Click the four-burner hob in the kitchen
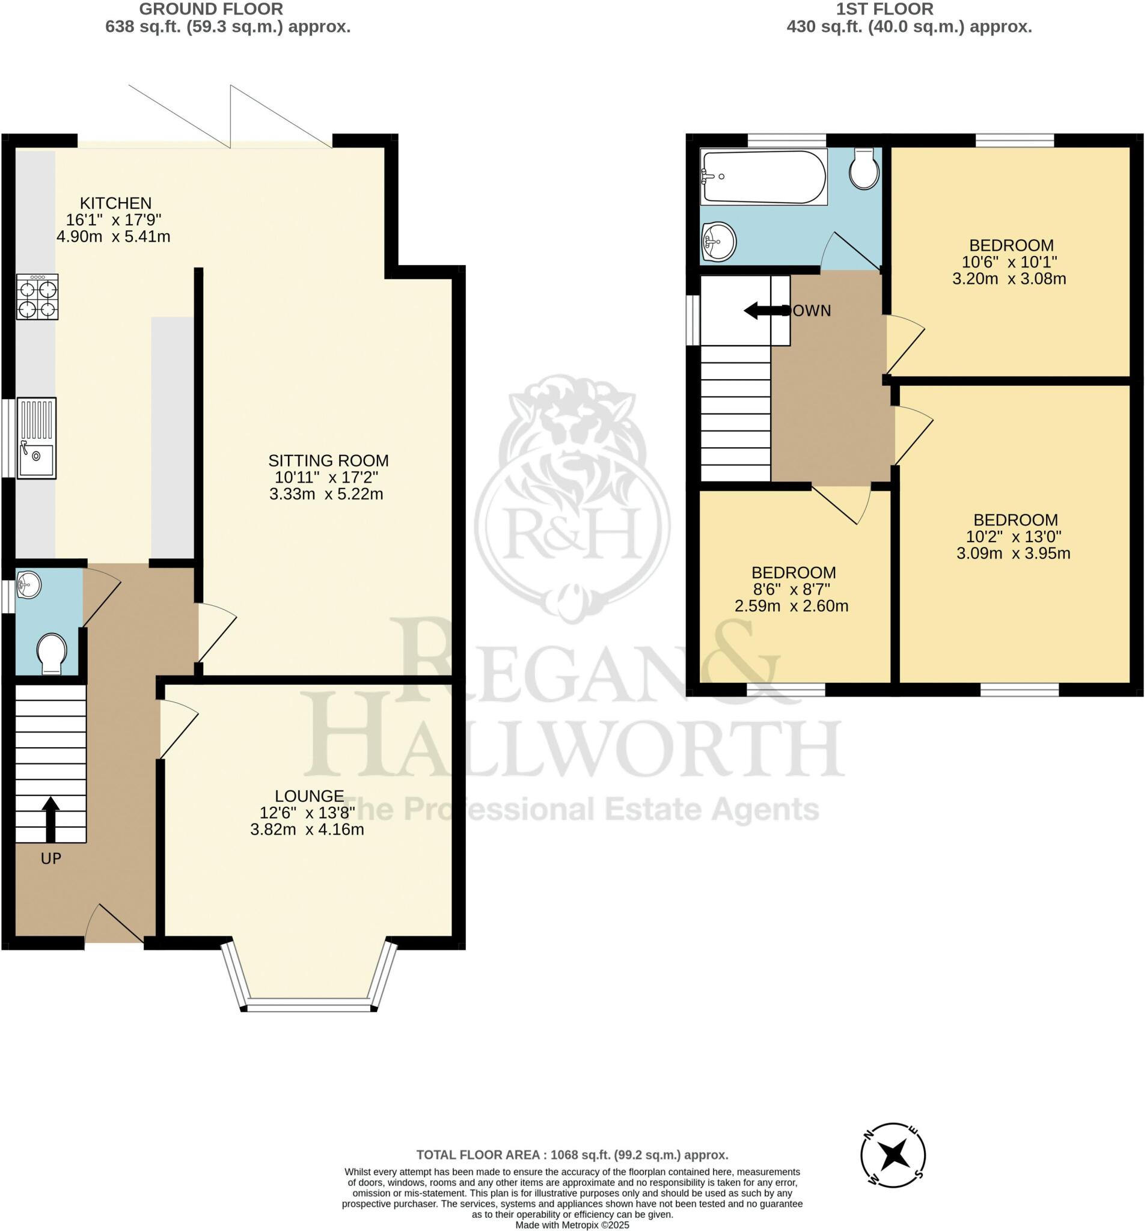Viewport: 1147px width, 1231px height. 37,296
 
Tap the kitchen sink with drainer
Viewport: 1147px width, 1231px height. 37,438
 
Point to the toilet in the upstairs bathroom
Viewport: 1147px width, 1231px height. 864,169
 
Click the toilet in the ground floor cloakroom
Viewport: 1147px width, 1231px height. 52,653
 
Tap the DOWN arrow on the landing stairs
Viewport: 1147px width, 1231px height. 763,311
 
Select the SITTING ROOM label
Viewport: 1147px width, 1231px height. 328,460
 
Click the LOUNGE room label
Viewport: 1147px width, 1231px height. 309,796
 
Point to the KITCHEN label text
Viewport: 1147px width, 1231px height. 115,203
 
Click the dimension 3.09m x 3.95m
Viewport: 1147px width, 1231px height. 1012,554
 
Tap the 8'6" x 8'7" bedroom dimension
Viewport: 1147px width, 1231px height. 791,589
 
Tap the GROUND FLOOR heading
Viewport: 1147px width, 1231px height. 211,9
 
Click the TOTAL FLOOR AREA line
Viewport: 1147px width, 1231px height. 572,1155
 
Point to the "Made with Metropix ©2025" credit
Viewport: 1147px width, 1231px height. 572,1225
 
